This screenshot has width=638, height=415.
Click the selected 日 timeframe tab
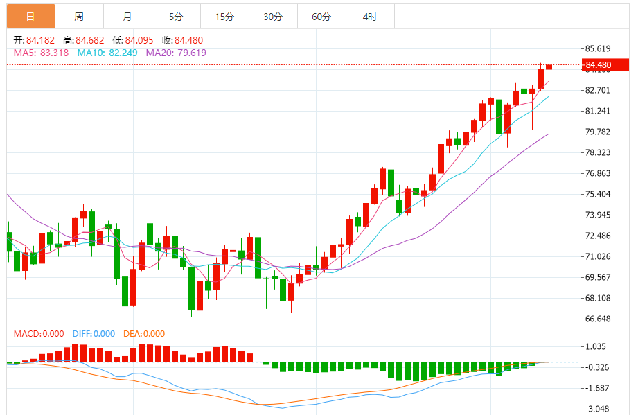pos(30,16)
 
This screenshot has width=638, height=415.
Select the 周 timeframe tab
pos(79,16)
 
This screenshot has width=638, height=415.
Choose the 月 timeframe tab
pos(127,16)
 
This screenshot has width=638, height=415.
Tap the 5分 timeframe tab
pos(176,16)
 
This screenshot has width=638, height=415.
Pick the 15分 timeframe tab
pos(224,16)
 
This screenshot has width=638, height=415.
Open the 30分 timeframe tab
pos(273,16)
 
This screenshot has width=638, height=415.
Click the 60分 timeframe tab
pos(321,16)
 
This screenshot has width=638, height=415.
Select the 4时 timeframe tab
pos(370,16)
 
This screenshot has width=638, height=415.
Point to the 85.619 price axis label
pos(598,49)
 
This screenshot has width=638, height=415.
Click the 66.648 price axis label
pos(598,319)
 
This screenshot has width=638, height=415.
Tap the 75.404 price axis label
pos(598,195)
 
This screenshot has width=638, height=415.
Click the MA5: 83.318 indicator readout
pos(41,53)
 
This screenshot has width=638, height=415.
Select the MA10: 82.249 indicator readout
pos(107,53)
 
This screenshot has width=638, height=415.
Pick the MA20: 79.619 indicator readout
pos(176,53)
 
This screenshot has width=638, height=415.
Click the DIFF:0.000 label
pos(94,334)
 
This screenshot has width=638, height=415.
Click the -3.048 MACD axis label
pos(598,409)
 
